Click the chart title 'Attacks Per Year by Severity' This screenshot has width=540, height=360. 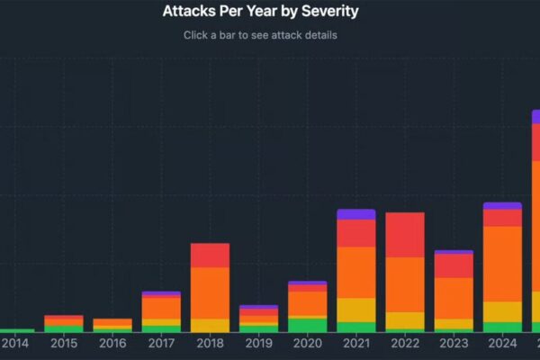pyautogui.click(x=260, y=12)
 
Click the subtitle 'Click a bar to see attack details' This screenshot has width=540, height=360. pyautogui.click(x=260, y=35)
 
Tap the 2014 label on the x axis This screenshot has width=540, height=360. pyautogui.click(x=15, y=343)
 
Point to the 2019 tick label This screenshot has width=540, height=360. pyautogui.click(x=258, y=343)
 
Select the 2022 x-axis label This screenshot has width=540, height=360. pyautogui.click(x=404, y=343)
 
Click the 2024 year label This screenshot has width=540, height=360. pyautogui.click(x=501, y=343)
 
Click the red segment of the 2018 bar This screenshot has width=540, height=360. pyautogui.click(x=210, y=255)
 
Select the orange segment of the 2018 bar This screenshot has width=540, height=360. pyautogui.click(x=210, y=292)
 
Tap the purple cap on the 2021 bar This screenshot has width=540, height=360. pyautogui.click(x=355, y=214)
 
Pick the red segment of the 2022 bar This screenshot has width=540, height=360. pyautogui.click(x=404, y=235)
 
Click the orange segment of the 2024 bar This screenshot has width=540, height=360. pyautogui.click(x=501, y=264)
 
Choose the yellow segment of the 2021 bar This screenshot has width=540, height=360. pyautogui.click(x=355, y=310)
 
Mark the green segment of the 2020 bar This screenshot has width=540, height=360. pyautogui.click(x=307, y=325)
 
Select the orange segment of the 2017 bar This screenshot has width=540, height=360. pyautogui.click(x=161, y=308)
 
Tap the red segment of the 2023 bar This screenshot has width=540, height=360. pyautogui.click(x=453, y=265)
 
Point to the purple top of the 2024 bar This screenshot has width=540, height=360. pyautogui.click(x=501, y=205)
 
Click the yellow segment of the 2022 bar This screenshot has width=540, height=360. pyautogui.click(x=404, y=320)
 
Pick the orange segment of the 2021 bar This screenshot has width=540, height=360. pyautogui.click(x=355, y=272)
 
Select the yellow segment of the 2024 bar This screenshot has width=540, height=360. pyautogui.click(x=501, y=311)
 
